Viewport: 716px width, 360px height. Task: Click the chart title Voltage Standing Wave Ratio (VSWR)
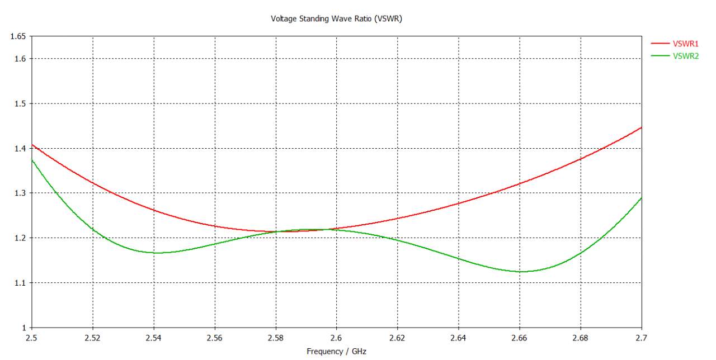point(336,18)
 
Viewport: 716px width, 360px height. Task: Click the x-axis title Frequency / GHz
point(336,352)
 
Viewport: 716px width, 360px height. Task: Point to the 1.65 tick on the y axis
point(18,36)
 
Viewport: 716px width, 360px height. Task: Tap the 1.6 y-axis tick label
point(21,59)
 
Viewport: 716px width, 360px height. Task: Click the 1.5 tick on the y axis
point(21,103)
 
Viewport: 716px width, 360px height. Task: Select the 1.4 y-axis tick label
point(21,148)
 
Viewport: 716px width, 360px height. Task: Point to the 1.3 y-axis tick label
point(21,193)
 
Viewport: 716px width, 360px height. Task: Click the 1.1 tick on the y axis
point(21,283)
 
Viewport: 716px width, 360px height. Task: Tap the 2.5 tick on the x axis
point(32,338)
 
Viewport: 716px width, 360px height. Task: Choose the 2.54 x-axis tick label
point(154,338)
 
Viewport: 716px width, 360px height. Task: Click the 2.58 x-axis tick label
point(276,338)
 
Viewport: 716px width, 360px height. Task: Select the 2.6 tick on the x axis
point(337,338)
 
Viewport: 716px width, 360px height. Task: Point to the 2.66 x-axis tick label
point(520,338)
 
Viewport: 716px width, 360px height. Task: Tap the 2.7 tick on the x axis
point(642,338)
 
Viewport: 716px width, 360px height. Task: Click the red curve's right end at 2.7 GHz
point(642,127)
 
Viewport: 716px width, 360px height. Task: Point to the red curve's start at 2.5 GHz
point(32,145)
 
